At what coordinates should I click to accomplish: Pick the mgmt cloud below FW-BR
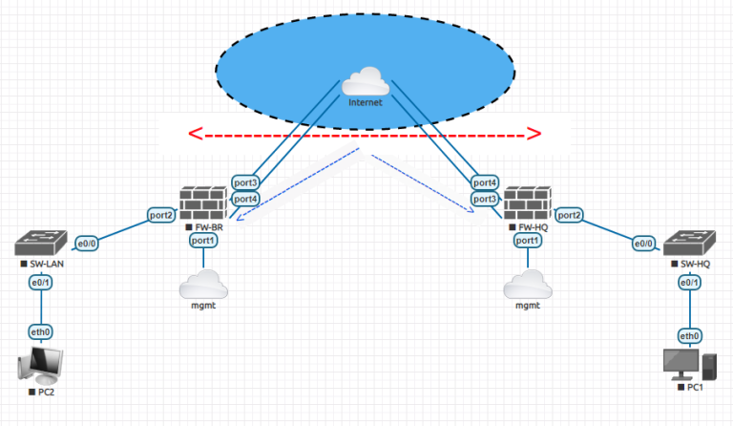click(x=203, y=285)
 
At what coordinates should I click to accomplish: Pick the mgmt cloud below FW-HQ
click(x=528, y=285)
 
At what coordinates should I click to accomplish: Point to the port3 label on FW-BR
click(x=245, y=182)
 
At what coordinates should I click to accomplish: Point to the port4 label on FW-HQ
click(x=485, y=182)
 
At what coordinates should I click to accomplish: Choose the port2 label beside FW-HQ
click(x=570, y=216)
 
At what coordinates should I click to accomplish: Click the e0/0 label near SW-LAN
click(x=87, y=243)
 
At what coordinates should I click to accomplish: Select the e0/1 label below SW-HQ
click(x=689, y=284)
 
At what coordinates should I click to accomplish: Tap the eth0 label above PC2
click(x=41, y=331)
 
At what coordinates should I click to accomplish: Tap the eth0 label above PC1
click(x=689, y=335)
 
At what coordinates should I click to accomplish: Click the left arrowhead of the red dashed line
click(x=195, y=134)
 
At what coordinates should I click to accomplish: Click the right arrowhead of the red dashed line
click(x=535, y=134)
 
